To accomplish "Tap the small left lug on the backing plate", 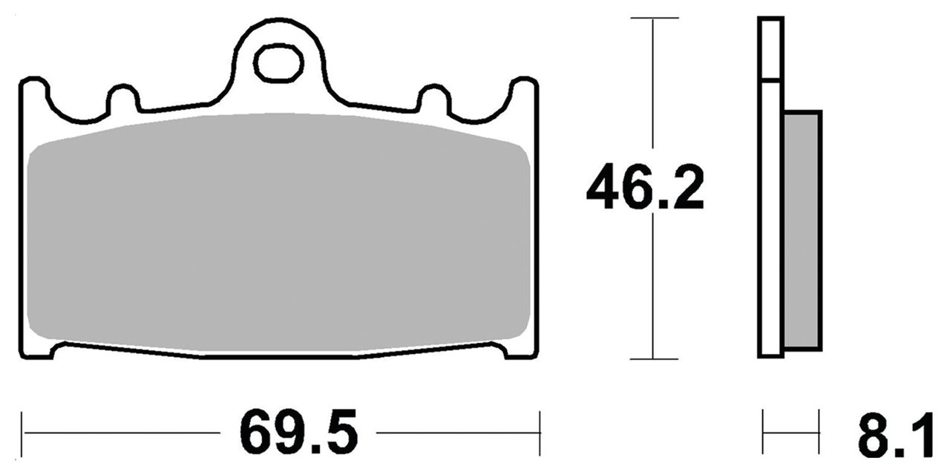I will coord(123,98).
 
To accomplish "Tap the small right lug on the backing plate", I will coord(434,98).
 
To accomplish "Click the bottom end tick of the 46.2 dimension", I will coord(652,359).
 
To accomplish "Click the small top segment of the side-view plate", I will coord(770,48).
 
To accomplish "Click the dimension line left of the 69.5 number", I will coord(122,430).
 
